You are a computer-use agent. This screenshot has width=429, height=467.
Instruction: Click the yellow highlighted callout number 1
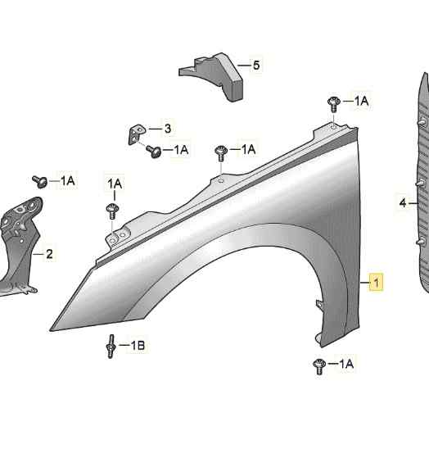pyautogui.click(x=376, y=282)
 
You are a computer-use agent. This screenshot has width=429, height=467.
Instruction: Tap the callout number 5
pyautogui.click(x=256, y=66)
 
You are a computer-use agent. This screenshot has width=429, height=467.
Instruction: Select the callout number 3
pyautogui.click(x=168, y=129)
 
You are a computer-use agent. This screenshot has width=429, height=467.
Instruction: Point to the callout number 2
pyautogui.click(x=49, y=254)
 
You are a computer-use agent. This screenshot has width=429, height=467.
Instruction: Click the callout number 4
pyautogui.click(x=403, y=203)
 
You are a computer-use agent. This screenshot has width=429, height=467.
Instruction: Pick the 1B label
pyautogui.click(x=138, y=346)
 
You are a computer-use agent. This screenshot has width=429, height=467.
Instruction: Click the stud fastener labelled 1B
pyautogui.click(x=111, y=347)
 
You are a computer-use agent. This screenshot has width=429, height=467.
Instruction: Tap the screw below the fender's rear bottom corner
pyautogui.click(x=319, y=366)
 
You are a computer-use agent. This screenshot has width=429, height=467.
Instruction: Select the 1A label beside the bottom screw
pyautogui.click(x=346, y=364)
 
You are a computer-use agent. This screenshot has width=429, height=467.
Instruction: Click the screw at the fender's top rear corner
pyautogui.click(x=334, y=104)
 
